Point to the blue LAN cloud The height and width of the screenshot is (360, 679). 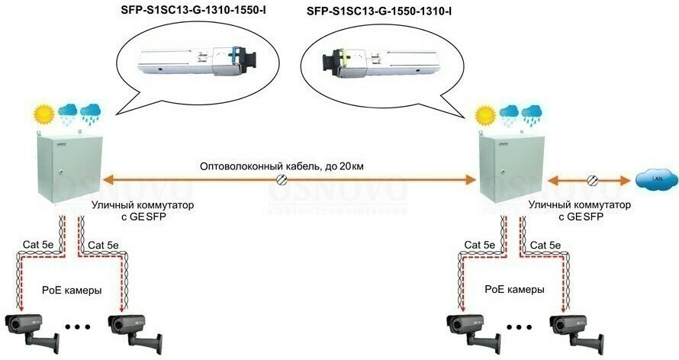[x=654, y=181]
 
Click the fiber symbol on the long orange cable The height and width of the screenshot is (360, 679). [x=282, y=181]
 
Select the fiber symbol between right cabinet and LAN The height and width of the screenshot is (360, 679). [x=593, y=181]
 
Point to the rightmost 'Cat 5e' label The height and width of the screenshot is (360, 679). [x=545, y=245]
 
